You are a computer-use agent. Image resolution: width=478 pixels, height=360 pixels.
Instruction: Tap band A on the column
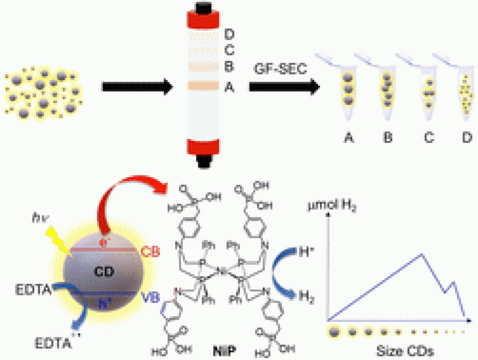pos(203,86)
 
